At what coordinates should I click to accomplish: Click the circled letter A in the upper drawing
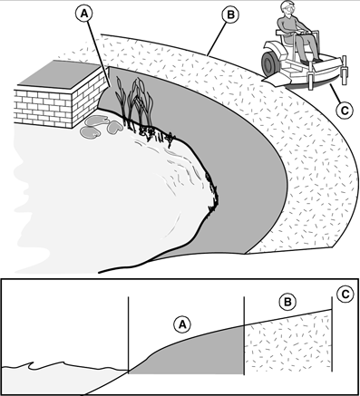84,14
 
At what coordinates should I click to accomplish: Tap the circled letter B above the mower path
230,14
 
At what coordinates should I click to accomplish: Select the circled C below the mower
345,111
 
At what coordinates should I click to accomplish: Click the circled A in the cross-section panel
182,324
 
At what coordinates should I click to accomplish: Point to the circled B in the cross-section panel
287,302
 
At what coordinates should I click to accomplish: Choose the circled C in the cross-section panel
345,294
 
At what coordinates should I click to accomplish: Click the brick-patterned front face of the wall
44,108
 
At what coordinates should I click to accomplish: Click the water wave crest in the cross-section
33,364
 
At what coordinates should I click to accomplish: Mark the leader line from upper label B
217,38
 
